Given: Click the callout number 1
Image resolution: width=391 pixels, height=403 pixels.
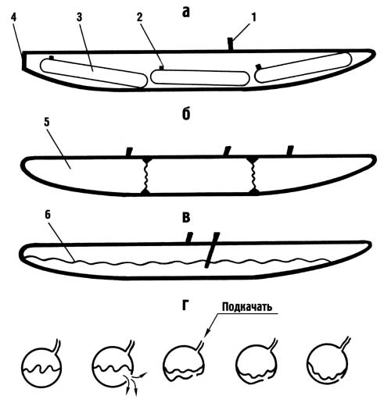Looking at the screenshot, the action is (x=253, y=18).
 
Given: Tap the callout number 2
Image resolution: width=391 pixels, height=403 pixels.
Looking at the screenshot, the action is (x=139, y=18).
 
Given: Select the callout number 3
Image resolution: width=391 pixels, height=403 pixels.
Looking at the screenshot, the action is (x=79, y=17).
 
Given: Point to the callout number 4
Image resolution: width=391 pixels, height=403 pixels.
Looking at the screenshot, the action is (x=13, y=18).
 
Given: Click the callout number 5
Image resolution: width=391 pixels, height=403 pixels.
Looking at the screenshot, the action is (x=47, y=122).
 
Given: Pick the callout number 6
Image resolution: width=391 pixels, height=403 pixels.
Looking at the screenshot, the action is (x=48, y=215).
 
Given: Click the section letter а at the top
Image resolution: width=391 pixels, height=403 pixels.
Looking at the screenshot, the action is (x=185, y=12).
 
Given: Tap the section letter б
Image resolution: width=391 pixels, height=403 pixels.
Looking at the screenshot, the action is (x=186, y=114).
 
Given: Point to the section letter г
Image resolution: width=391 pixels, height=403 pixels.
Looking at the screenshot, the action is (x=185, y=305).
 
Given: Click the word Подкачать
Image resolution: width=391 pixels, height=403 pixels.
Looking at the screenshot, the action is (x=247, y=307).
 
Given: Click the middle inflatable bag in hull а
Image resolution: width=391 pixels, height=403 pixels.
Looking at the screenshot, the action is (x=200, y=77).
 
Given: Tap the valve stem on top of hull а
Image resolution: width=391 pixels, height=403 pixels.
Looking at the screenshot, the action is (x=230, y=44).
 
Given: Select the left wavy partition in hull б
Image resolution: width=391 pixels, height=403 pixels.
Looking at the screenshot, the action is (x=145, y=175).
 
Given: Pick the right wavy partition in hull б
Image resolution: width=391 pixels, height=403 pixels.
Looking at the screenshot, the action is (x=253, y=175).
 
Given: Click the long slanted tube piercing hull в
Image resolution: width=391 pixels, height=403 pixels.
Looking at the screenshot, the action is (x=212, y=250).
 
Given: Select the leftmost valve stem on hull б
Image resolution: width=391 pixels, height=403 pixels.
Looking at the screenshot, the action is (x=129, y=152).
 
